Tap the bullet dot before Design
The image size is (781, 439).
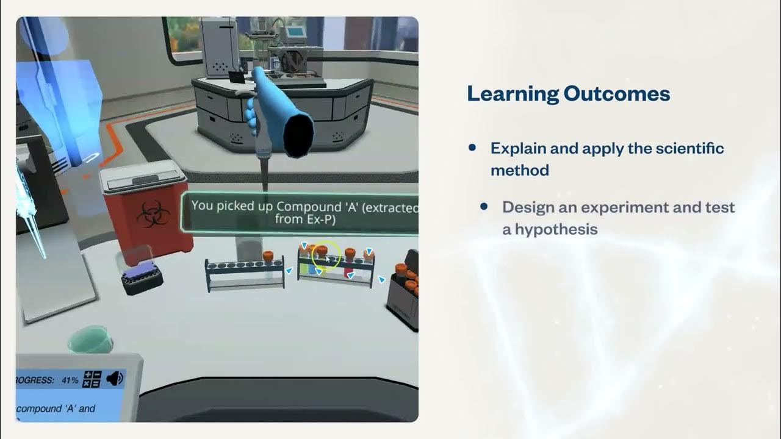point(484,207)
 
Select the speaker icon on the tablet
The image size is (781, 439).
point(115,379)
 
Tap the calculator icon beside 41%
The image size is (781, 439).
point(92,379)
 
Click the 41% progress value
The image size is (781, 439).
point(70,380)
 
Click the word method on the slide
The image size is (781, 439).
point(520,170)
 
